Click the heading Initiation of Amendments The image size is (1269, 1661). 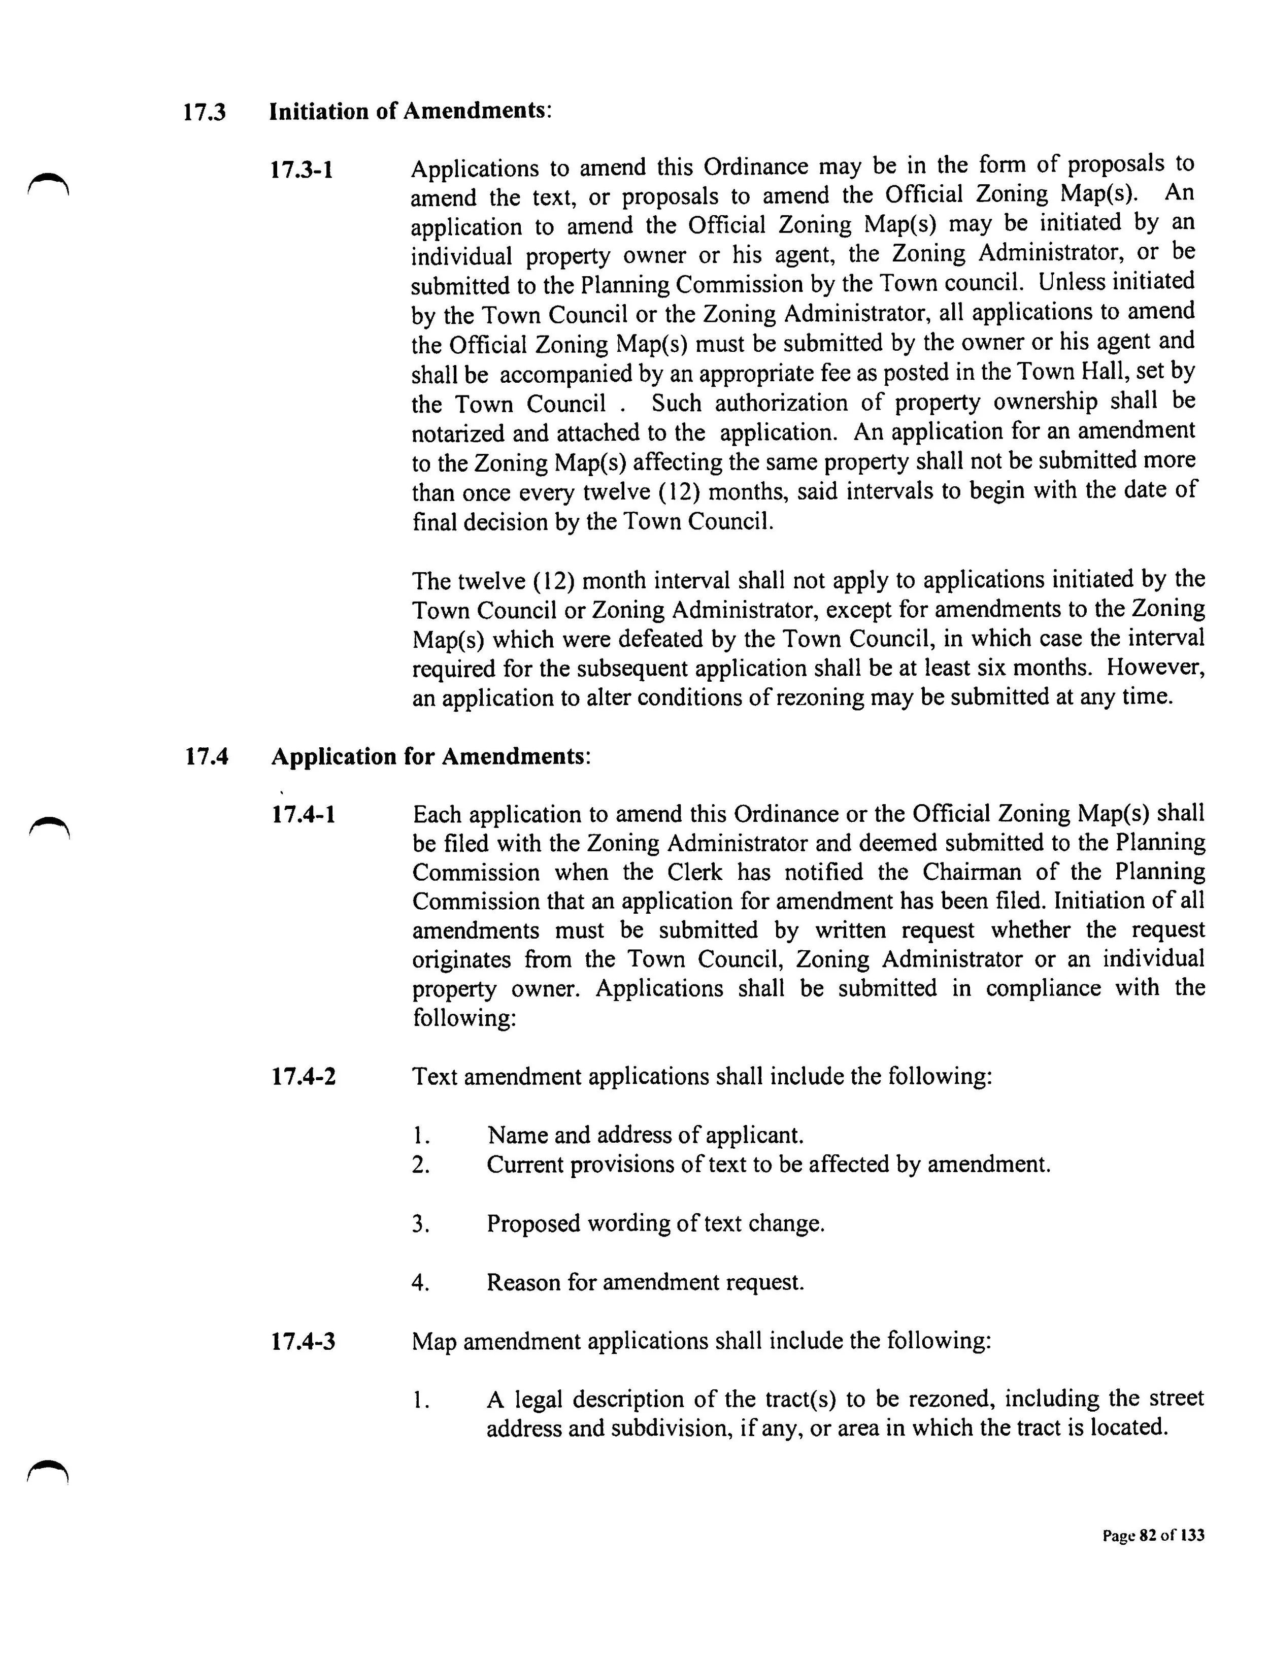409,111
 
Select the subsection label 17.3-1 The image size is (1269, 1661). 302,169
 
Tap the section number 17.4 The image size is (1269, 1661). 206,757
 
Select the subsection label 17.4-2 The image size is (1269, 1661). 303,1076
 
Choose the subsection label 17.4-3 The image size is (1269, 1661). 303,1342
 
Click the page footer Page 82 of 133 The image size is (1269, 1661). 1153,1536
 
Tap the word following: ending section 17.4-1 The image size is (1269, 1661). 464,1018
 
